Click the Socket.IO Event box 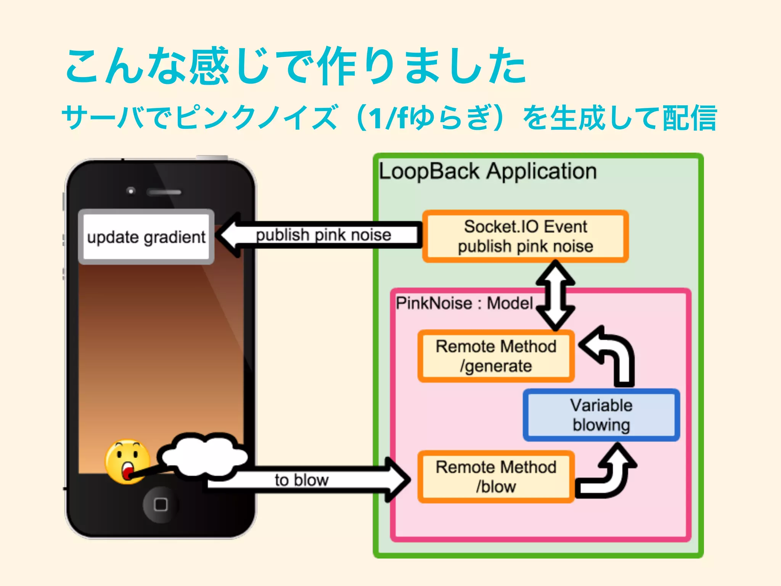tap(525, 236)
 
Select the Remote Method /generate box tap(496, 356)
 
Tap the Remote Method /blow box tap(496, 477)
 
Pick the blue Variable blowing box tap(601, 415)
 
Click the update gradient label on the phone tap(146, 237)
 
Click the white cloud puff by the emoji tap(204, 455)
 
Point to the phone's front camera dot tap(131, 191)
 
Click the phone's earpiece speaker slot tap(164, 192)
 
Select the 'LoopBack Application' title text tap(487, 171)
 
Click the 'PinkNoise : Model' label tap(464, 303)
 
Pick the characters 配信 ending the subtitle tap(689, 118)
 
